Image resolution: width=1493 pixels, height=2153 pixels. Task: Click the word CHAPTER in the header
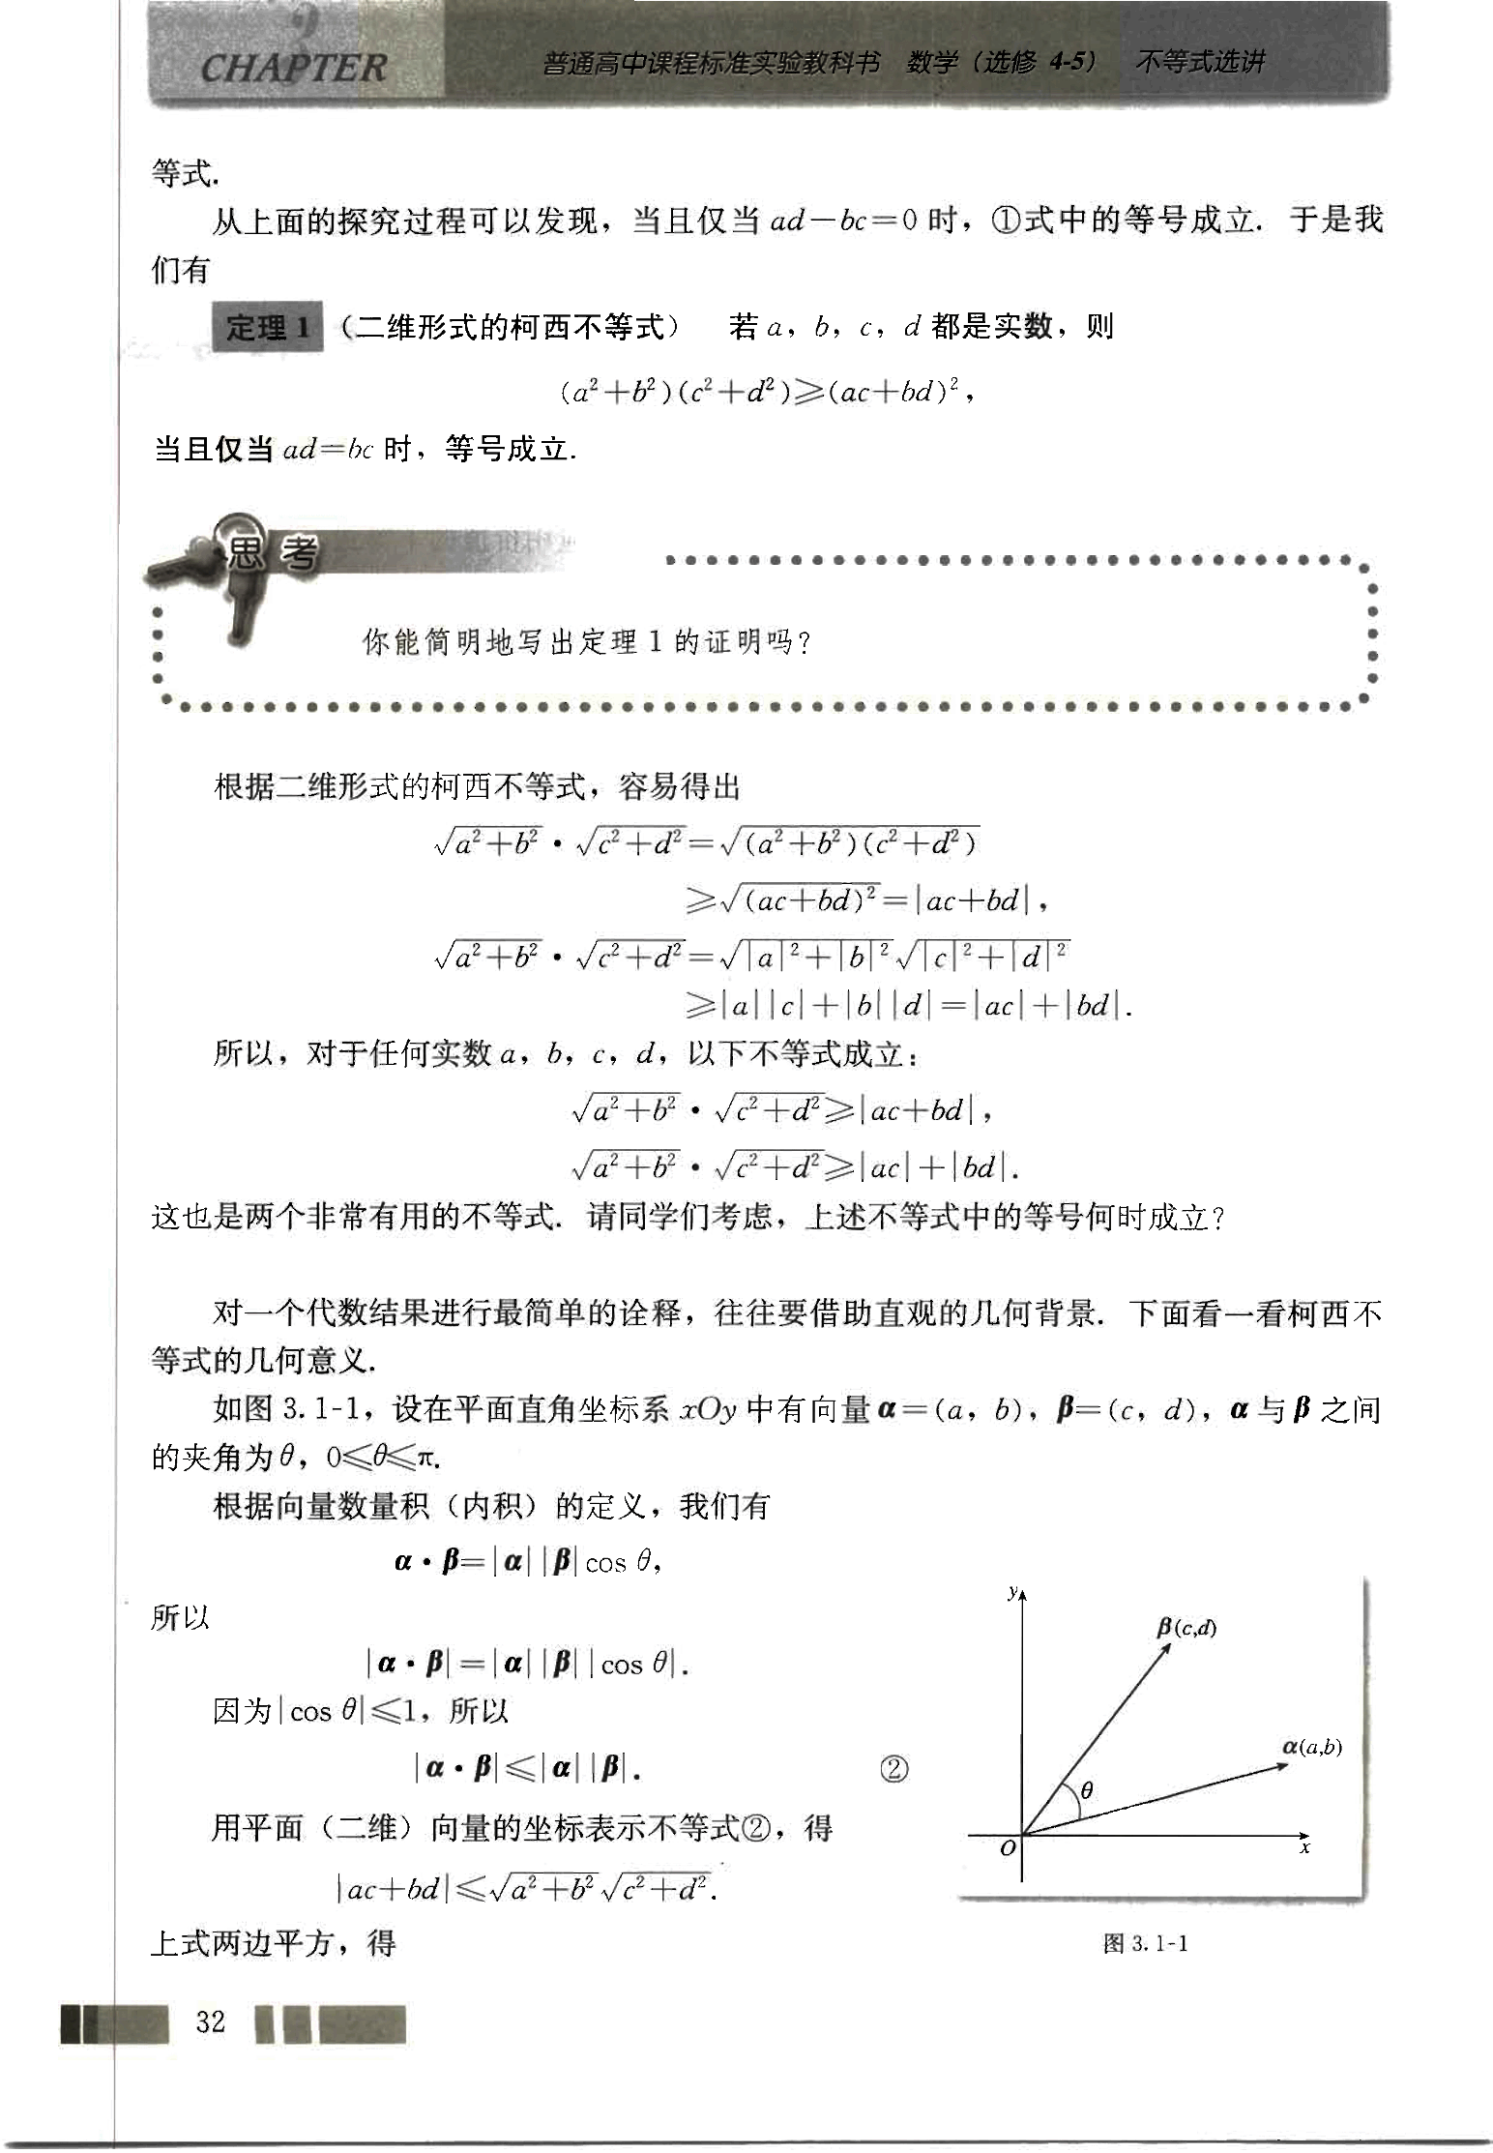coord(293,68)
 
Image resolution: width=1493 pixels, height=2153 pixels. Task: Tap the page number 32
coord(210,2021)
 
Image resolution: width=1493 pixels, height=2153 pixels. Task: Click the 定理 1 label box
coord(267,328)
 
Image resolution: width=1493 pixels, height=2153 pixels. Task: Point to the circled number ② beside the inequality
coord(894,1769)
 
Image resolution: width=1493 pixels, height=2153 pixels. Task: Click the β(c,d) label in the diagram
coord(1186,1628)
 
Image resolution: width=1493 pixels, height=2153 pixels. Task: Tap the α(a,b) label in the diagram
coord(1311,1746)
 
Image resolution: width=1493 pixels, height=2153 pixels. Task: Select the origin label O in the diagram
coord(1008,1848)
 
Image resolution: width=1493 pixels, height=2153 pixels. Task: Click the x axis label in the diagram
coord(1304,1848)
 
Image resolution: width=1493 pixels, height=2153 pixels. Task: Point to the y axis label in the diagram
coord(1011,1591)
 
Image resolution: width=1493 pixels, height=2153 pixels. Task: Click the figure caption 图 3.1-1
coord(1145,1943)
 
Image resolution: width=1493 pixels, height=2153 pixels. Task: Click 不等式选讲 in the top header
coord(1200,63)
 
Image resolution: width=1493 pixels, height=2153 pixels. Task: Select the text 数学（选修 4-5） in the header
coord(1002,63)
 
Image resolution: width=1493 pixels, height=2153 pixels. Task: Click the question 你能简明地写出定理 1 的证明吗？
coord(586,641)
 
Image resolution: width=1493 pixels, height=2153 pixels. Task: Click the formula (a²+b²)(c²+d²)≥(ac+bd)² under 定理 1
coord(765,392)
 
